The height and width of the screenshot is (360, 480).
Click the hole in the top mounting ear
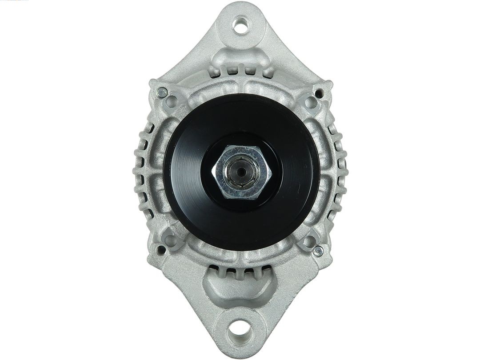240,25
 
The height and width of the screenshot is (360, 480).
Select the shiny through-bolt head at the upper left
162,93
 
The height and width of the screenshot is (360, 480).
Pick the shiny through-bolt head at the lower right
318,251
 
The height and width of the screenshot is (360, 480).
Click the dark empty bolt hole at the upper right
319,93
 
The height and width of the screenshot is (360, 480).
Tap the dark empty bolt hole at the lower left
161,250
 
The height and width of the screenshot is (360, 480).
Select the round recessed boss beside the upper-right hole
311,103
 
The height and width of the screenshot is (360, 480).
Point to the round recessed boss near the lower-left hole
171,240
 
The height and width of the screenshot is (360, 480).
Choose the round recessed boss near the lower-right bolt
309,241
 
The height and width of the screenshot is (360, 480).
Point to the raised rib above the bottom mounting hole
239,289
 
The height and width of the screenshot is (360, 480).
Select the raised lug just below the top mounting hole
240,56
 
